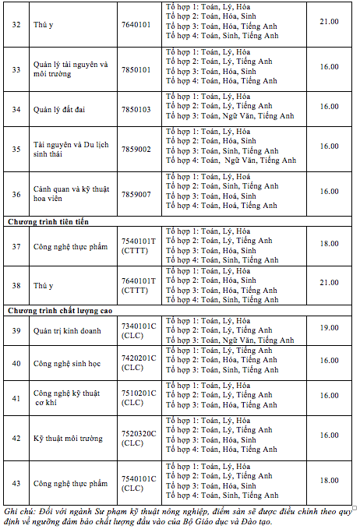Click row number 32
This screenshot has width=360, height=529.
16,24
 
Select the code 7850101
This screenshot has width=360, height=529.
136,69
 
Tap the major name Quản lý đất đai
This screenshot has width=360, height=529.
59,109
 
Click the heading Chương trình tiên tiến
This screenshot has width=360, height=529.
50,222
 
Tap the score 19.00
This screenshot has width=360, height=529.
329,329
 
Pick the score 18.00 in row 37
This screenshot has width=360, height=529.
329,244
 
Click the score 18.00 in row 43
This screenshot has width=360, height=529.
329,481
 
